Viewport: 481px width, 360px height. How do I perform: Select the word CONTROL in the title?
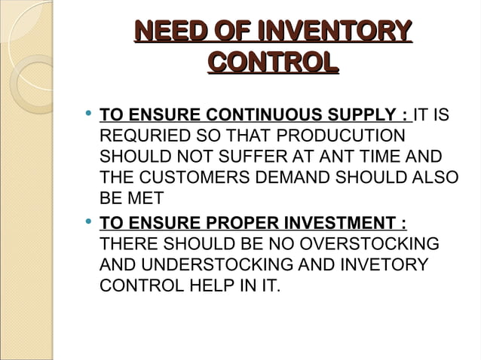(272, 62)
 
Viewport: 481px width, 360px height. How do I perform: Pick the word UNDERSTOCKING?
(213, 265)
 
